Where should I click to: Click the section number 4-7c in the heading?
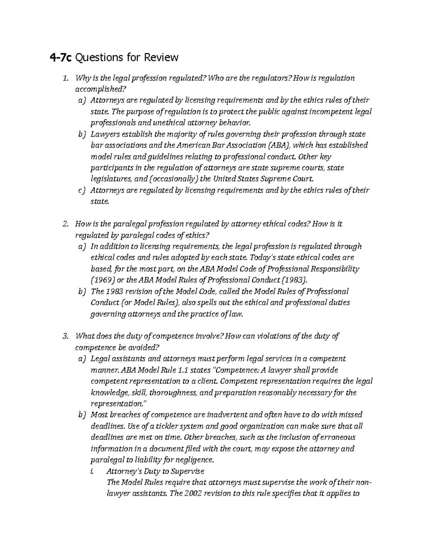click(x=60, y=57)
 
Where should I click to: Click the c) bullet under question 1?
click(x=82, y=190)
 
